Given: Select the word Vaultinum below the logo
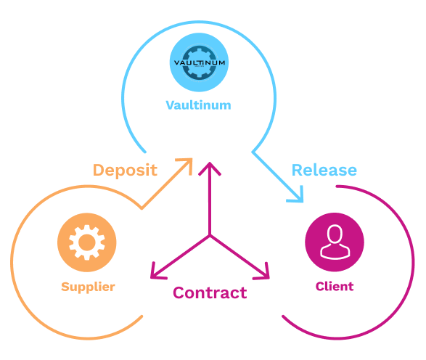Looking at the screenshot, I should click(198, 105).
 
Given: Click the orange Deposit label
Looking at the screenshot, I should click(125, 171).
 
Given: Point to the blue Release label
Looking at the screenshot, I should click(324, 171).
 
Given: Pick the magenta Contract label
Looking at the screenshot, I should click(209, 293).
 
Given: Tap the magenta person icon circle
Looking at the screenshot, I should click(335, 241).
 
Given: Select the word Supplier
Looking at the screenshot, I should click(87, 287).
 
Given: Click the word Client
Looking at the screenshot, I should click(335, 287).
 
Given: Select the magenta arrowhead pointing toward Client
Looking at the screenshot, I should click(264, 274).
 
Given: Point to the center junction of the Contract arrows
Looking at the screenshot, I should click(210, 237).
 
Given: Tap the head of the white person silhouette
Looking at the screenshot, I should click(335, 234).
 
